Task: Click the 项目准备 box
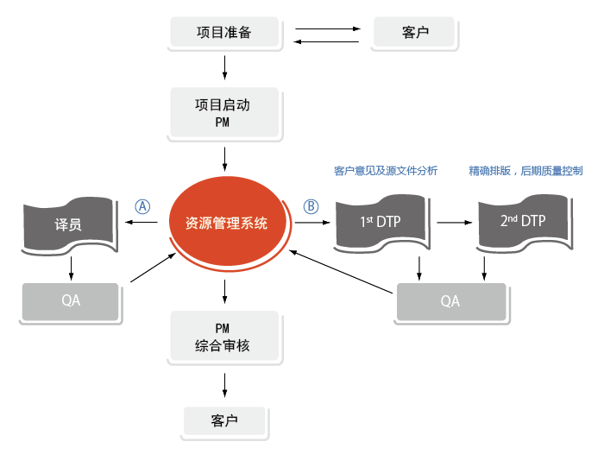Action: click(x=224, y=34)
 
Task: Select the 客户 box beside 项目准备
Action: click(x=415, y=34)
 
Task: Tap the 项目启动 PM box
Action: click(x=224, y=113)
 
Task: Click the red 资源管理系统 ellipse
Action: click(x=226, y=223)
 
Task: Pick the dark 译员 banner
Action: click(x=68, y=225)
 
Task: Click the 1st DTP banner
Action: click(x=381, y=222)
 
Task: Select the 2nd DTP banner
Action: click(x=523, y=222)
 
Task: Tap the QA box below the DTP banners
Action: click(x=450, y=302)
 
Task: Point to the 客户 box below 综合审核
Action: click(x=224, y=422)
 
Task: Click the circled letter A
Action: click(x=142, y=206)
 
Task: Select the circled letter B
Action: click(x=311, y=206)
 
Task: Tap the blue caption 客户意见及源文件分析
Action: click(x=386, y=171)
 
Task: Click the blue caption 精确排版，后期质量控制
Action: click(x=525, y=171)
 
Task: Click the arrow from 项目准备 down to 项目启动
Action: click(x=224, y=66)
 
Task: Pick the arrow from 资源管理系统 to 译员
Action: click(x=142, y=224)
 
